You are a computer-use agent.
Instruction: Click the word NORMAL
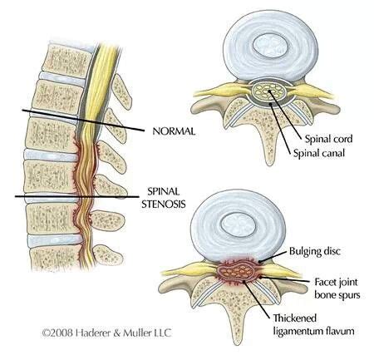point(174,131)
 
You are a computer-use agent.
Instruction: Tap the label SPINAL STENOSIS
point(164,198)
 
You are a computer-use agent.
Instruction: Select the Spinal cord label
point(328,140)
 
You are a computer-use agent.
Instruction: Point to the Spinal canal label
point(319,153)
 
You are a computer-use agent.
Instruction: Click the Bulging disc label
point(315,251)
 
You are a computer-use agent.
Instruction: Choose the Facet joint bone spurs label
point(337,288)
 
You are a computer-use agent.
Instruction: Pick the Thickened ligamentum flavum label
point(314,324)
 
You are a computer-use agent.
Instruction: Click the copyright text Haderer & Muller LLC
point(106,333)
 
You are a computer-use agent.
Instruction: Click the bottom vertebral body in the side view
point(57,258)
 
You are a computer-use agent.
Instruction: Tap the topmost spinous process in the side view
point(121,91)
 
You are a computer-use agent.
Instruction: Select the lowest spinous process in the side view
point(107,255)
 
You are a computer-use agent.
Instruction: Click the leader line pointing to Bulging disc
point(273,257)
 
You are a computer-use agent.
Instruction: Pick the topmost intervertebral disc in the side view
point(62,77)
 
